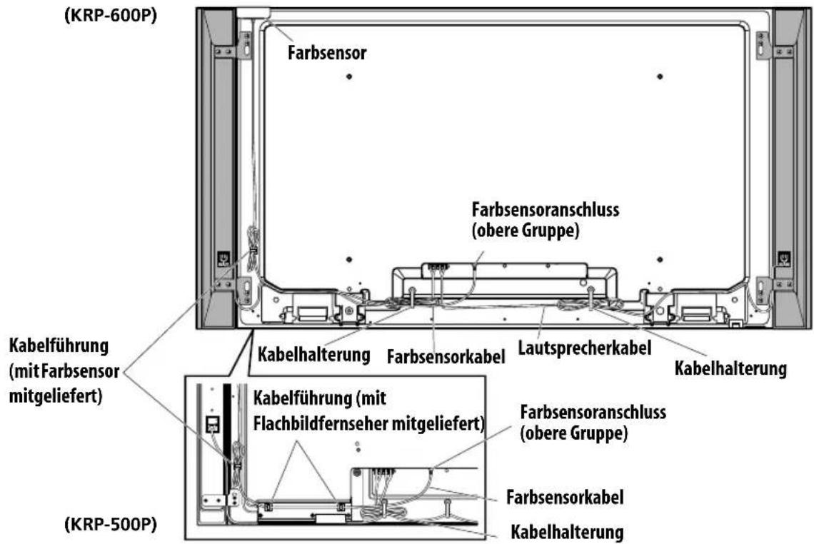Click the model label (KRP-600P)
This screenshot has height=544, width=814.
coord(110,16)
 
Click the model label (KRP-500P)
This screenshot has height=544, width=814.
coord(110,524)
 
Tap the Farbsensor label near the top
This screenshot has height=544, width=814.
coord(327,52)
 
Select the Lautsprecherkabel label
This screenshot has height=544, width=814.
coord(585,347)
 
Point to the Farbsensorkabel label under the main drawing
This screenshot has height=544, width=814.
coord(446,356)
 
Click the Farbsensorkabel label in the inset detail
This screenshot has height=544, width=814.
coord(565,497)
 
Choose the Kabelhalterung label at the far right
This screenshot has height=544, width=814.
coord(730,368)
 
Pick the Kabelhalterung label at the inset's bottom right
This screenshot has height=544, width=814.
coord(567,532)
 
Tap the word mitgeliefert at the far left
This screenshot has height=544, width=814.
coord(56,396)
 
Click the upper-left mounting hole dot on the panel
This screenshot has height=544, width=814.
coord(349,76)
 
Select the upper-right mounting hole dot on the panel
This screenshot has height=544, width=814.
coord(660,76)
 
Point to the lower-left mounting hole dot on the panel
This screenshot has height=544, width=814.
coord(349,259)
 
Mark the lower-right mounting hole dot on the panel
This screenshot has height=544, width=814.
coord(660,259)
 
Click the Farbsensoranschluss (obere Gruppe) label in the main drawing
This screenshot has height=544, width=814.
coord(545,220)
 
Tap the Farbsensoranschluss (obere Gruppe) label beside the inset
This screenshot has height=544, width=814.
coord(593,423)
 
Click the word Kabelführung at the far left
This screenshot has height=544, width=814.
coord(59,346)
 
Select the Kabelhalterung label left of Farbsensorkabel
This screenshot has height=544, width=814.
coord(313,355)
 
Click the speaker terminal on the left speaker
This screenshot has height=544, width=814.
coord(223,258)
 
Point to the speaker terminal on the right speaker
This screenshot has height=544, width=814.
coord(783,258)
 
